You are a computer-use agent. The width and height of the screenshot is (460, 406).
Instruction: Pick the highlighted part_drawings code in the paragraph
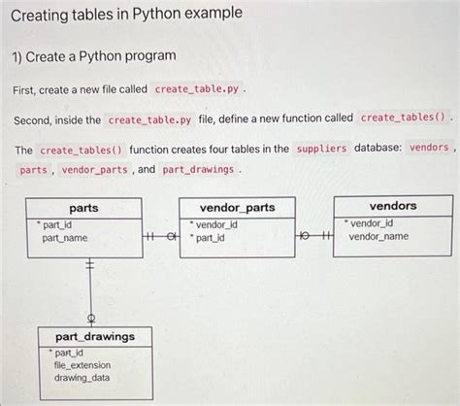[x=198, y=169]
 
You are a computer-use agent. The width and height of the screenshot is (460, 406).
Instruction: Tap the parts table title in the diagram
[x=83, y=208]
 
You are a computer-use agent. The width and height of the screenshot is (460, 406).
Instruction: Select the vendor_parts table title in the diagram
[x=237, y=208]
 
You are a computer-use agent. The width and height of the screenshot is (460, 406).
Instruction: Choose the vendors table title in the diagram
[x=392, y=206]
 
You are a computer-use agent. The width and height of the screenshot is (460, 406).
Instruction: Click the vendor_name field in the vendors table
[x=378, y=236]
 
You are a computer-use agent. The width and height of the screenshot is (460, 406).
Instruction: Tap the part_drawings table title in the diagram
[x=93, y=336]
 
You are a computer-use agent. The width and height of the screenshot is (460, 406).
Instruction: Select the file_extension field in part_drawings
[x=81, y=365]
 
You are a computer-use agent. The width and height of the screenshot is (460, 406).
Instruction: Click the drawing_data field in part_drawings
[x=82, y=378]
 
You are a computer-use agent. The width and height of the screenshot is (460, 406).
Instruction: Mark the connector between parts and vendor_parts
[x=160, y=236]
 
